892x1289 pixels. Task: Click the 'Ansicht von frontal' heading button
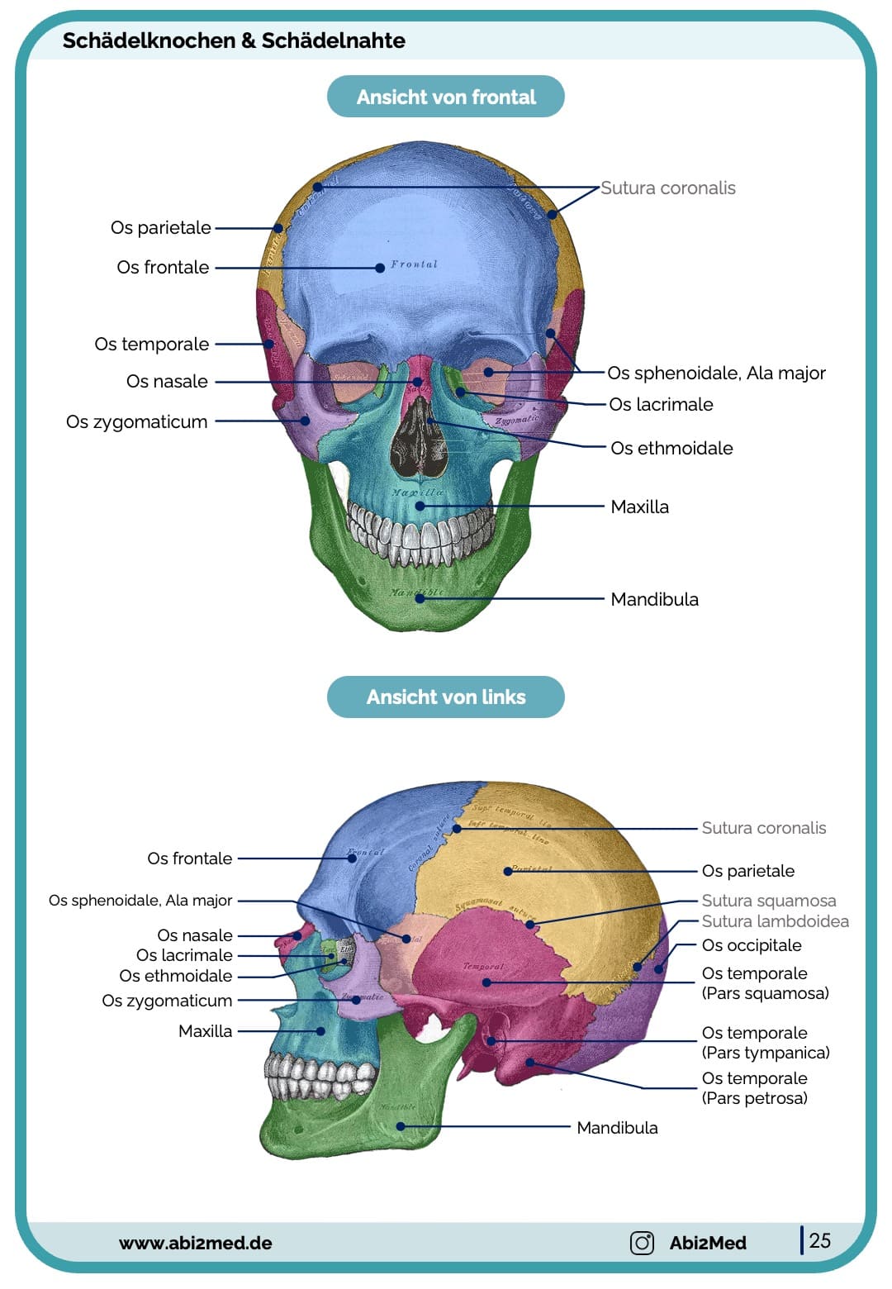[x=446, y=98]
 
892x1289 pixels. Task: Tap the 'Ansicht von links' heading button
[x=446, y=697]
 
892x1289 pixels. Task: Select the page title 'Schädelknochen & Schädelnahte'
[x=234, y=40]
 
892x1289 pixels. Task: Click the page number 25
[x=820, y=1240]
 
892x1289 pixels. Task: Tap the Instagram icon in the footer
[x=642, y=1243]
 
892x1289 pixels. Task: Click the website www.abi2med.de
[x=196, y=1243]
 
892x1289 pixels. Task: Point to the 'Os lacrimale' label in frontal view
[x=661, y=405]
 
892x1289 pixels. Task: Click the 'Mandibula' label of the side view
[x=617, y=1128]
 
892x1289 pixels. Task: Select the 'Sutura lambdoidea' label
[x=775, y=921]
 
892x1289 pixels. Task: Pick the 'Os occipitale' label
[x=752, y=945]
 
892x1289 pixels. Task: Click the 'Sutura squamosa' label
[x=768, y=901]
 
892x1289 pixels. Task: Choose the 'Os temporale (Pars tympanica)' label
[x=766, y=1043]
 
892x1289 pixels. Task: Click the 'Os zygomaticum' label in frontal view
[x=137, y=422]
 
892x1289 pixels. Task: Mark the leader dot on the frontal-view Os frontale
[x=380, y=268]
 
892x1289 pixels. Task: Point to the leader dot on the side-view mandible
[x=401, y=1126]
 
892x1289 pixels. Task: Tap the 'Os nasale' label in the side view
[x=195, y=935]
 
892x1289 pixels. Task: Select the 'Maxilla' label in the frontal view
[x=639, y=507]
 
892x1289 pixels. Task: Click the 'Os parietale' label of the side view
[x=747, y=871]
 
